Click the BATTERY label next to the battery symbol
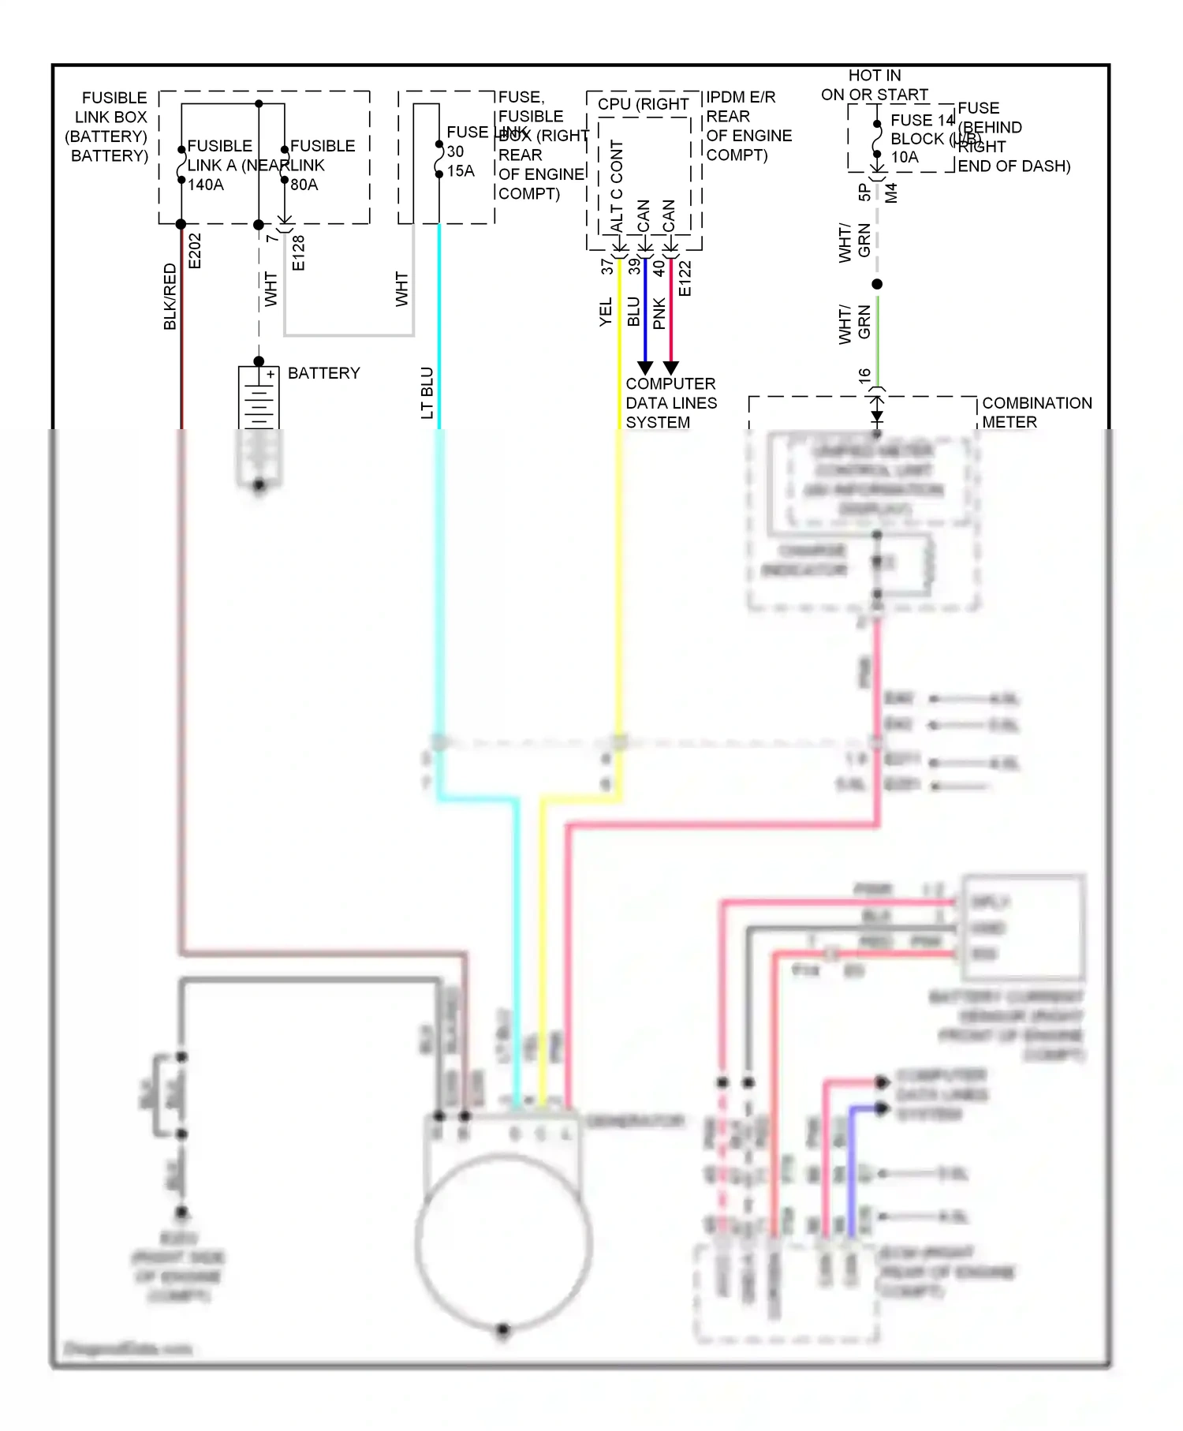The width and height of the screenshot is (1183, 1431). tap(323, 373)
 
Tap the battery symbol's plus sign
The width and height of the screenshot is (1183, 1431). tap(271, 374)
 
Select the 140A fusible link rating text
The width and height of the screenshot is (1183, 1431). tap(206, 185)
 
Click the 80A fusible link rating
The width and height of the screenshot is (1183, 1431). tap(304, 185)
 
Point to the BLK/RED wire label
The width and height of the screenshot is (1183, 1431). tap(170, 297)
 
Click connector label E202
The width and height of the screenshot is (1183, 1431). tap(196, 251)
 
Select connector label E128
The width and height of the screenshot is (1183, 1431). tap(298, 252)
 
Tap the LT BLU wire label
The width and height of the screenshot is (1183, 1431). tap(427, 393)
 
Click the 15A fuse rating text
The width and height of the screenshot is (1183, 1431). tap(461, 171)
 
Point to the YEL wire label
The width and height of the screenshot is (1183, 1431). tap(605, 312)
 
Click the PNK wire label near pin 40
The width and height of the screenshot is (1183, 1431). tap(659, 313)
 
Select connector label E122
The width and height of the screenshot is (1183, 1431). tap(685, 278)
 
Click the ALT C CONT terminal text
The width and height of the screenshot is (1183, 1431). tap(617, 186)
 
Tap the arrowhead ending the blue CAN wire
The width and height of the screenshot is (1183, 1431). tap(645, 368)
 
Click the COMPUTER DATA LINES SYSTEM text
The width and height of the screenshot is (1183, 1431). tap(670, 403)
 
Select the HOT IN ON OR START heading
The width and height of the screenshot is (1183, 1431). tap(875, 85)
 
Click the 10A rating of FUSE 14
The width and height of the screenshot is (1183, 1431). tap(905, 157)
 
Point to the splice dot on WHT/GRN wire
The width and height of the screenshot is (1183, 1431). tap(877, 284)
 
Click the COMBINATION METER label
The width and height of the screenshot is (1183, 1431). tap(1036, 413)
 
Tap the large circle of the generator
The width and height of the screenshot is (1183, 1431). tap(503, 1242)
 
